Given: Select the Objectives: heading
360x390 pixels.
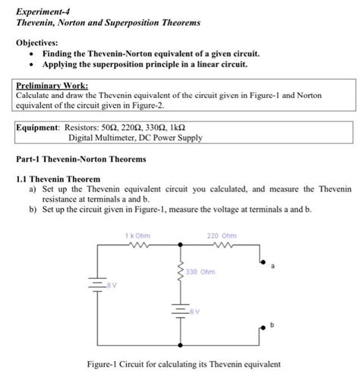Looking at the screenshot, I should (37, 43).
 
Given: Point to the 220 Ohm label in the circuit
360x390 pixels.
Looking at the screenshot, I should (221, 235).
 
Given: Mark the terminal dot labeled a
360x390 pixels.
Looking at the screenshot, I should (262, 261).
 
